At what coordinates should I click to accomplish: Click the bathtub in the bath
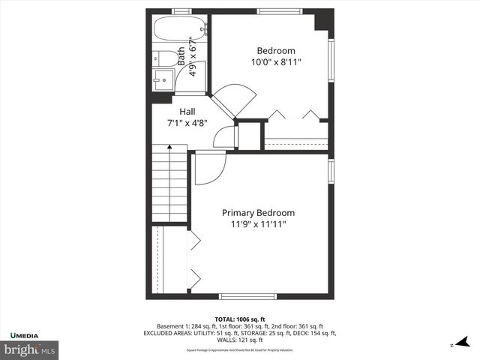[x=179, y=30]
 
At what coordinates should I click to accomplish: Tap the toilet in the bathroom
[x=168, y=58]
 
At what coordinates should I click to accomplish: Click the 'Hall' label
[x=187, y=111]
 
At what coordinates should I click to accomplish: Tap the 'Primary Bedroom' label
[x=259, y=212]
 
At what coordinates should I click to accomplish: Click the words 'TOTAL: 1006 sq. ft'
[x=240, y=318]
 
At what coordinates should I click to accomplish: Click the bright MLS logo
[x=30, y=349]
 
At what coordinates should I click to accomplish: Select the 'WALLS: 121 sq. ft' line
[x=240, y=340]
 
